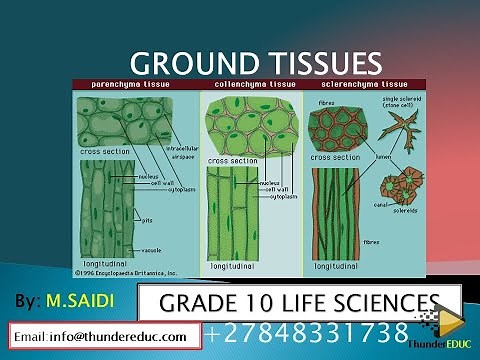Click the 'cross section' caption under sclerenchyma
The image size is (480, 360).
pyautogui.click(x=334, y=157)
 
